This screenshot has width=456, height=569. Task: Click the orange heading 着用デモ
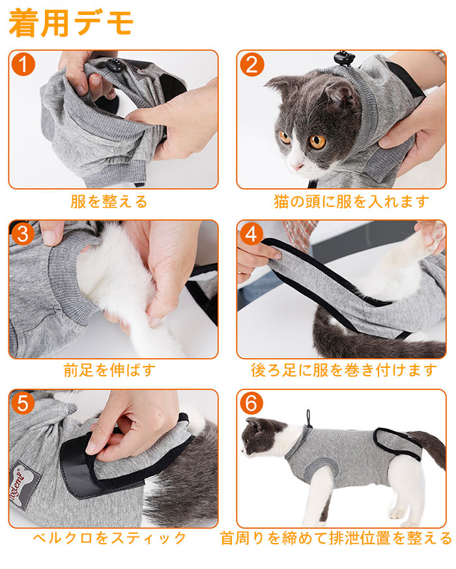tap(71, 23)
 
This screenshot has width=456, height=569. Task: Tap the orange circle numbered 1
tap(23, 64)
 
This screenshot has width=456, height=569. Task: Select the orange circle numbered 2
tap(251, 64)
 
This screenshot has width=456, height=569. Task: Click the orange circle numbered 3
tap(23, 234)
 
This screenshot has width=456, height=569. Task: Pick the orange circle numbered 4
tap(251, 234)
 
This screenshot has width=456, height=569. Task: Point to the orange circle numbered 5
tap(23, 404)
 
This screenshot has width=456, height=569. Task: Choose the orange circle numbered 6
tap(251, 404)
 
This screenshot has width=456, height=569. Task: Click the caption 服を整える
tap(109, 201)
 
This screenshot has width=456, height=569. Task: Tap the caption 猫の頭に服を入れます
tap(351, 201)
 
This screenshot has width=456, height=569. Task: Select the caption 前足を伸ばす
tap(109, 370)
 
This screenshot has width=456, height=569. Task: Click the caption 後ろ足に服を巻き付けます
tap(344, 370)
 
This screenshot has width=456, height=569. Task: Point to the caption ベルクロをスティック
tap(109, 538)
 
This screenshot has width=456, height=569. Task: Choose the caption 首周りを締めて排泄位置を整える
tap(336, 538)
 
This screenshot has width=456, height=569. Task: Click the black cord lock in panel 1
tap(113, 65)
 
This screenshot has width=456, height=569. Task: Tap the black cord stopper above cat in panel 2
tap(344, 58)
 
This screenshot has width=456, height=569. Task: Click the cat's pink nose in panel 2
tap(298, 167)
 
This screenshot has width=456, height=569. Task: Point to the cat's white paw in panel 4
tap(435, 236)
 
